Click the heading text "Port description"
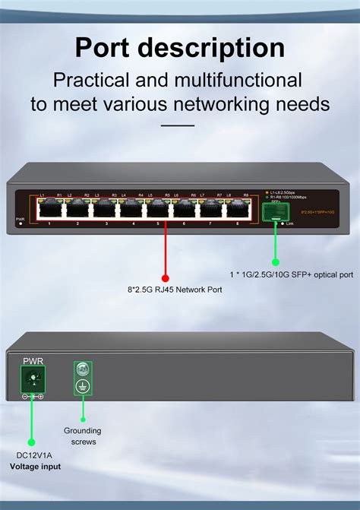pyautogui.click(x=180, y=48)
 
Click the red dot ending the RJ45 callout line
pyautogui.click(x=165, y=278)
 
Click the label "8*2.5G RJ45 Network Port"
pyautogui.click(x=175, y=290)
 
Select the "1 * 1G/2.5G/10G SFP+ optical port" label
pyautogui.click(x=292, y=274)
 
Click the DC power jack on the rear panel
pyautogui.click(x=33, y=378)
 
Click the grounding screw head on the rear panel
pyautogui.click(x=83, y=370)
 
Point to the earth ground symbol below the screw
pyautogui.click(x=83, y=387)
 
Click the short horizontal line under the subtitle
pyautogui.click(x=179, y=125)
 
